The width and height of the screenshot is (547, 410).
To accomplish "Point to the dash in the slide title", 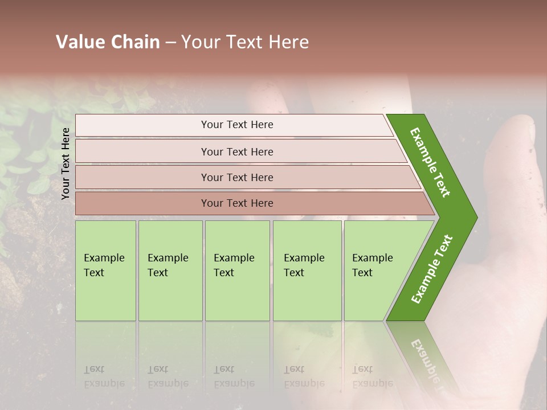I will (170, 43).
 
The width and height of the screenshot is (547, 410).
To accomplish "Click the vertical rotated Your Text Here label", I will (66, 163).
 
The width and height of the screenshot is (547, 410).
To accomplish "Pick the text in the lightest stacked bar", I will (237, 125).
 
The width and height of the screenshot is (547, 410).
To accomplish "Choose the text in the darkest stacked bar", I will (237, 203).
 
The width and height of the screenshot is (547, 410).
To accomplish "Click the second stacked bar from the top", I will (237, 151).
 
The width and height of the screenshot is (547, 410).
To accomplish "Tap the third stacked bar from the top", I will (237, 177).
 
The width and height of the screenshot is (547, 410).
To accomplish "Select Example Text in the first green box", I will (104, 265).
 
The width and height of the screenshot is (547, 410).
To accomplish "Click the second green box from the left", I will (170, 270).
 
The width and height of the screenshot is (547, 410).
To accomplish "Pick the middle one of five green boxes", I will (236, 270).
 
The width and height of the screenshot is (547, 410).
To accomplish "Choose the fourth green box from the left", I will (307, 270).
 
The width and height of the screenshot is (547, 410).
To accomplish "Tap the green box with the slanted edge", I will (376, 270).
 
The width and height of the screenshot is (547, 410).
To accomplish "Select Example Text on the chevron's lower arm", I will (431, 269).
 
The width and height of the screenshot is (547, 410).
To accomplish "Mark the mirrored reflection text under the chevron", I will (424, 356).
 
